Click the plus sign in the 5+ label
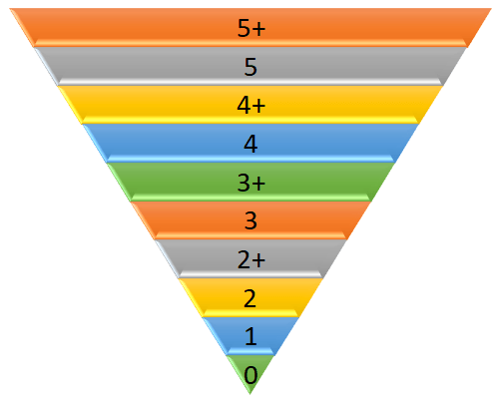[x=258, y=29]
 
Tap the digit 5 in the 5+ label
[x=244, y=28]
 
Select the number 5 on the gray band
[x=250, y=67]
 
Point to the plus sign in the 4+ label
[x=258, y=107]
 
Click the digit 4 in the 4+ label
[x=244, y=105]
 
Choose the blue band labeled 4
[x=250, y=144]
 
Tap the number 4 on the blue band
[x=250, y=144]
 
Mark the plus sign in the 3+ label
[x=258, y=184]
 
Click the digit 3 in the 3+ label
[x=244, y=183]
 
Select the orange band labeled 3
[x=250, y=220]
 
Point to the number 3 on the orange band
[x=250, y=220]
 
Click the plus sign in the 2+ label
[x=258, y=260]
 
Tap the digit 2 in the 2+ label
[x=244, y=259]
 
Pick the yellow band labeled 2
[x=250, y=297]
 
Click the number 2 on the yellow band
[x=250, y=298]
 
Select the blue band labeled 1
[x=250, y=336]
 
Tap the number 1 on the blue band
[x=250, y=336]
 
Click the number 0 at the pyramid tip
[x=250, y=375]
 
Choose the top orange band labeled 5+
[x=250, y=28]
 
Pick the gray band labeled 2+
[x=250, y=259]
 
